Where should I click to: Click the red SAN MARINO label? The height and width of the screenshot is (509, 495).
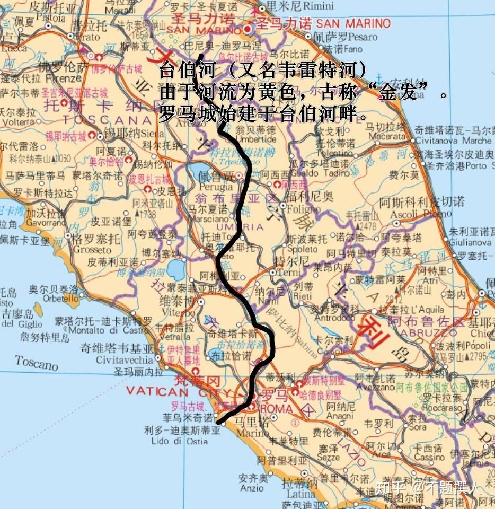tap(353, 24)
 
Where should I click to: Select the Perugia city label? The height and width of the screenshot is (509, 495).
tap(216, 186)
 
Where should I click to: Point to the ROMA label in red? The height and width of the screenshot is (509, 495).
tap(276, 409)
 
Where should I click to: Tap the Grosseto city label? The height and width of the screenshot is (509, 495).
tap(92, 249)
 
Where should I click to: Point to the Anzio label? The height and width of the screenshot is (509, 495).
tap(251, 488)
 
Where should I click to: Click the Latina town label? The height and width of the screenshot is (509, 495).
tap(300, 494)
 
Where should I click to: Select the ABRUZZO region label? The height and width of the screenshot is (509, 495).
tap(429, 333)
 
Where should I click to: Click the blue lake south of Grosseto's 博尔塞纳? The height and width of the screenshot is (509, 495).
tap(175, 270)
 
